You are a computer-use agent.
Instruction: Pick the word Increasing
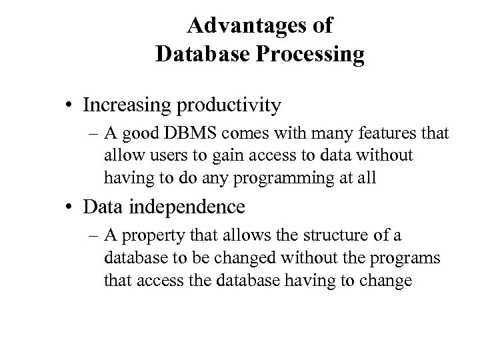tap(125, 105)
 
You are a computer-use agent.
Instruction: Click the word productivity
tap(227, 105)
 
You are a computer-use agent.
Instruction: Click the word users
tap(157, 155)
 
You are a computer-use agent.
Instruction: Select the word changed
tap(231, 257)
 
